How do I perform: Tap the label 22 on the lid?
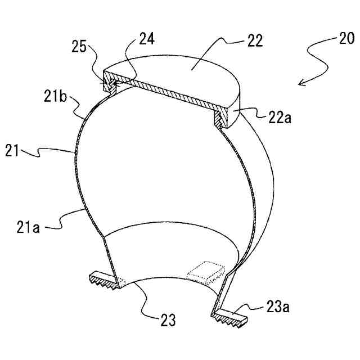[254, 41]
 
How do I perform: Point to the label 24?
[146, 39]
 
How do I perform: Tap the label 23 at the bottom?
[166, 321]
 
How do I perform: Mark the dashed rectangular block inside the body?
[205, 273]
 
